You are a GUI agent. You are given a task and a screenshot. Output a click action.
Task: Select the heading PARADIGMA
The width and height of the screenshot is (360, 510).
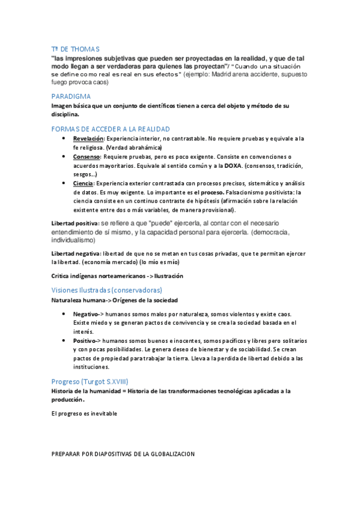[71, 96]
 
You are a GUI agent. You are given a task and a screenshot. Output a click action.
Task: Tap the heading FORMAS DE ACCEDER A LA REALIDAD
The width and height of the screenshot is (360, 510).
[111, 129]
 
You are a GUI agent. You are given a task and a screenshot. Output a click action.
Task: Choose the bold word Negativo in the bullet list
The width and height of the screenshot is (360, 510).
[85, 315]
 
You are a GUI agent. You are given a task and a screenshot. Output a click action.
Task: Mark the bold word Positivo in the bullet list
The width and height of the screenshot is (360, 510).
[85, 340]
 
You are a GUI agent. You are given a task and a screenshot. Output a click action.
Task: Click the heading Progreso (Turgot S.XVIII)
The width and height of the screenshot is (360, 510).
[90, 381]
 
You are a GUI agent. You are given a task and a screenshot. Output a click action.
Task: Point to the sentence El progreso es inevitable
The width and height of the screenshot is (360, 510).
[84, 413]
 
